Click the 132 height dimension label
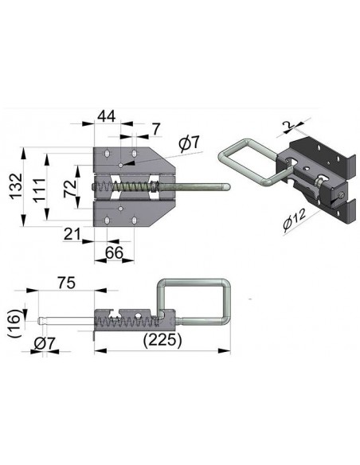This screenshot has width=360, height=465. [15, 186]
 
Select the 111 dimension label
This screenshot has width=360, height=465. [39, 190]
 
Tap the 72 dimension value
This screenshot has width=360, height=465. [70, 189]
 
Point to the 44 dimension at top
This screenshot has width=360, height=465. [107, 116]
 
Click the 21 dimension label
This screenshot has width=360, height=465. [72, 234]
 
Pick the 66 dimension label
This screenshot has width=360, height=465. [115, 252]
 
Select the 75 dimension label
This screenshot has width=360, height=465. [66, 283]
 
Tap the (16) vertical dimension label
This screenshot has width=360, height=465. [15, 323]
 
